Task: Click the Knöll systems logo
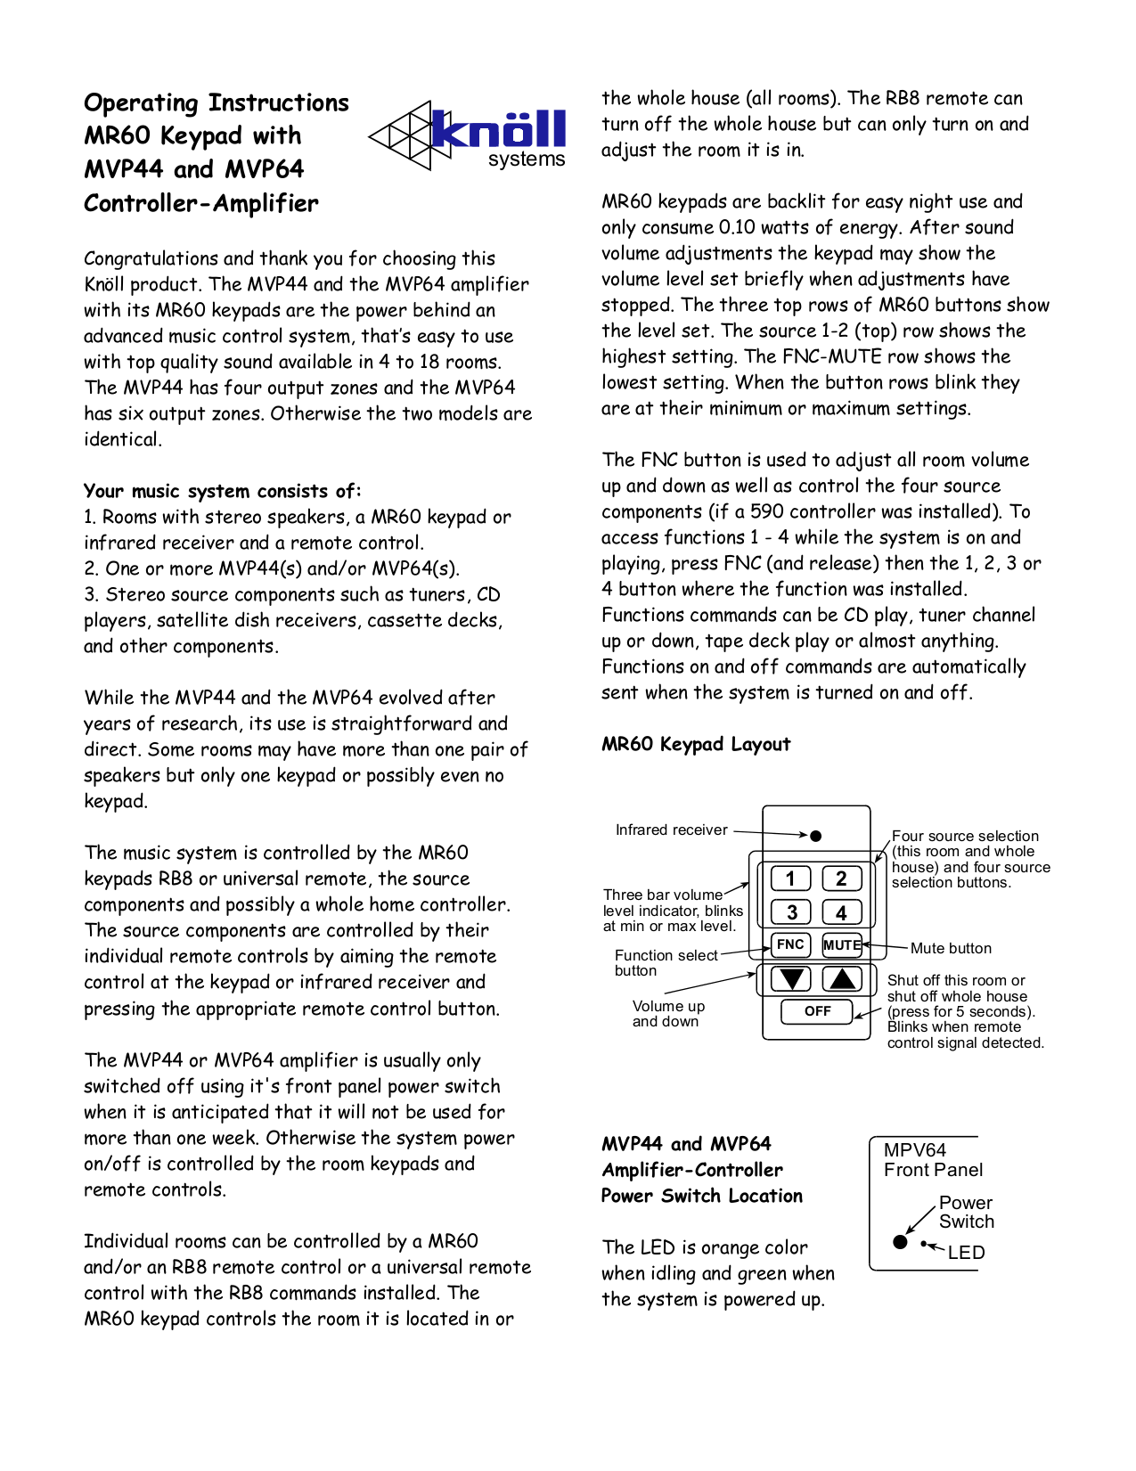(469, 135)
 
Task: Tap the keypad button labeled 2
(841, 879)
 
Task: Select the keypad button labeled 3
(791, 912)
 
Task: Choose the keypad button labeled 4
(841, 912)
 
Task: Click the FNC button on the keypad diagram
(790, 944)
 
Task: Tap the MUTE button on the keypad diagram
(841, 944)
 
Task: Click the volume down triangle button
(790, 979)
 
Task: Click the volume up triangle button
(842, 979)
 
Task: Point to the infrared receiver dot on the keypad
(815, 836)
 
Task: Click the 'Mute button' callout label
(950, 948)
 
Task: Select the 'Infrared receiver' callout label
(671, 829)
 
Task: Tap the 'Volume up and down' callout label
(667, 1014)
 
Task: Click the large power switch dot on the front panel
(900, 1241)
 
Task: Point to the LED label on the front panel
(966, 1252)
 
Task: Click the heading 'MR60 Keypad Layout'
(695, 744)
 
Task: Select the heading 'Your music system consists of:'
(222, 491)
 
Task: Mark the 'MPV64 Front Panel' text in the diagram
(932, 1160)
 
